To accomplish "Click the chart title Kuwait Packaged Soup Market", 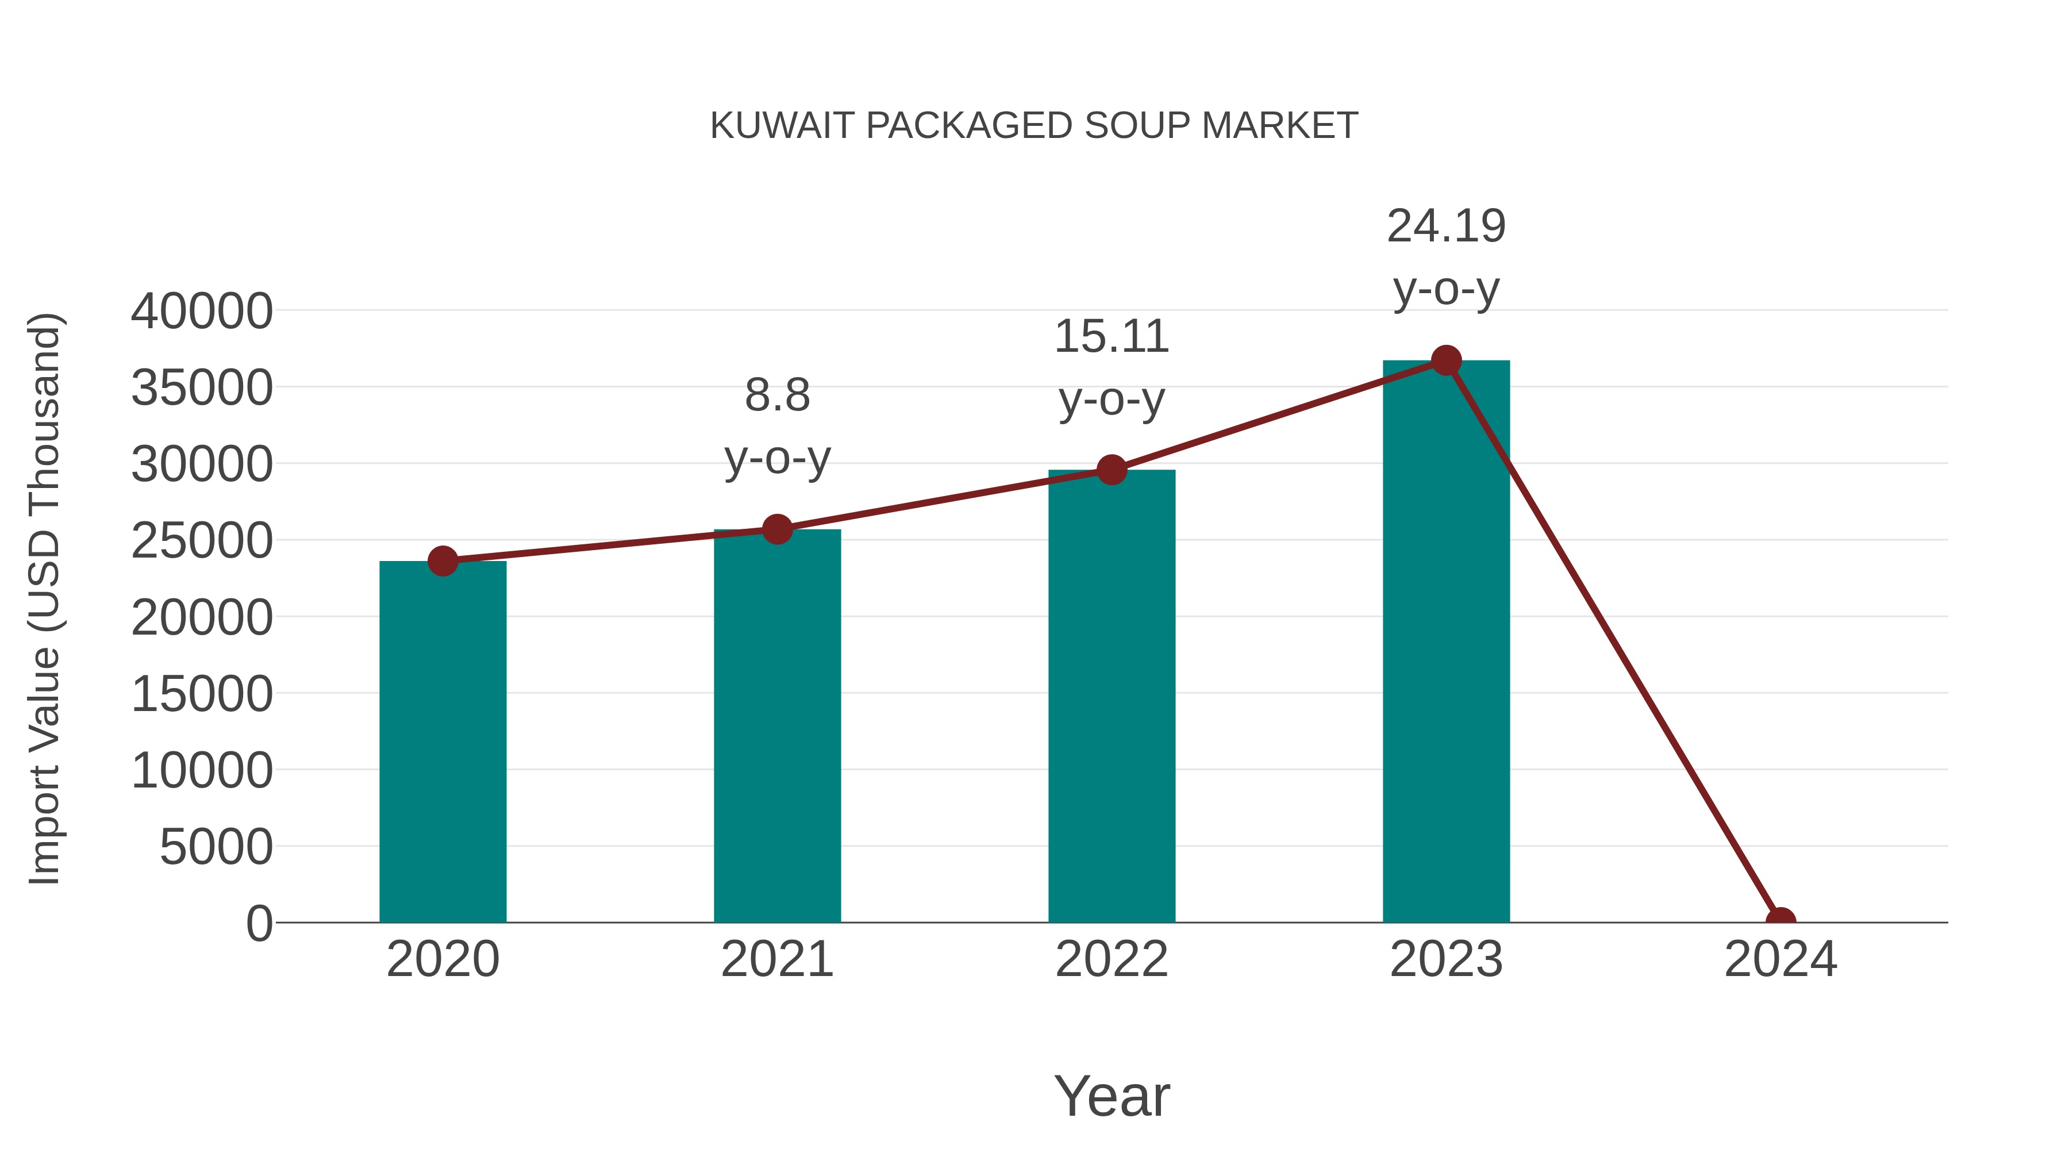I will click(1034, 126).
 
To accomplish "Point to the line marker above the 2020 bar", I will click(443, 560).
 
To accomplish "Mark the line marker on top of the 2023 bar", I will click(1446, 360).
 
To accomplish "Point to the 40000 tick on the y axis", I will click(202, 311).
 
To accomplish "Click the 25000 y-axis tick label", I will click(202, 541).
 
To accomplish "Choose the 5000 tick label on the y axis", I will click(216, 847).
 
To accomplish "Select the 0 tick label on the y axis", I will click(259, 923).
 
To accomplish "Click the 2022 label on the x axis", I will click(1112, 959).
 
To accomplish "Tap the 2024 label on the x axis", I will click(1780, 959).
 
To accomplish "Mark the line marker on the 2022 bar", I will click(1112, 470).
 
